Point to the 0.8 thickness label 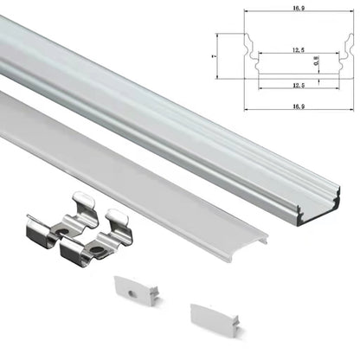coord(317,62)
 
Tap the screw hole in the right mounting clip coord(101,251)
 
